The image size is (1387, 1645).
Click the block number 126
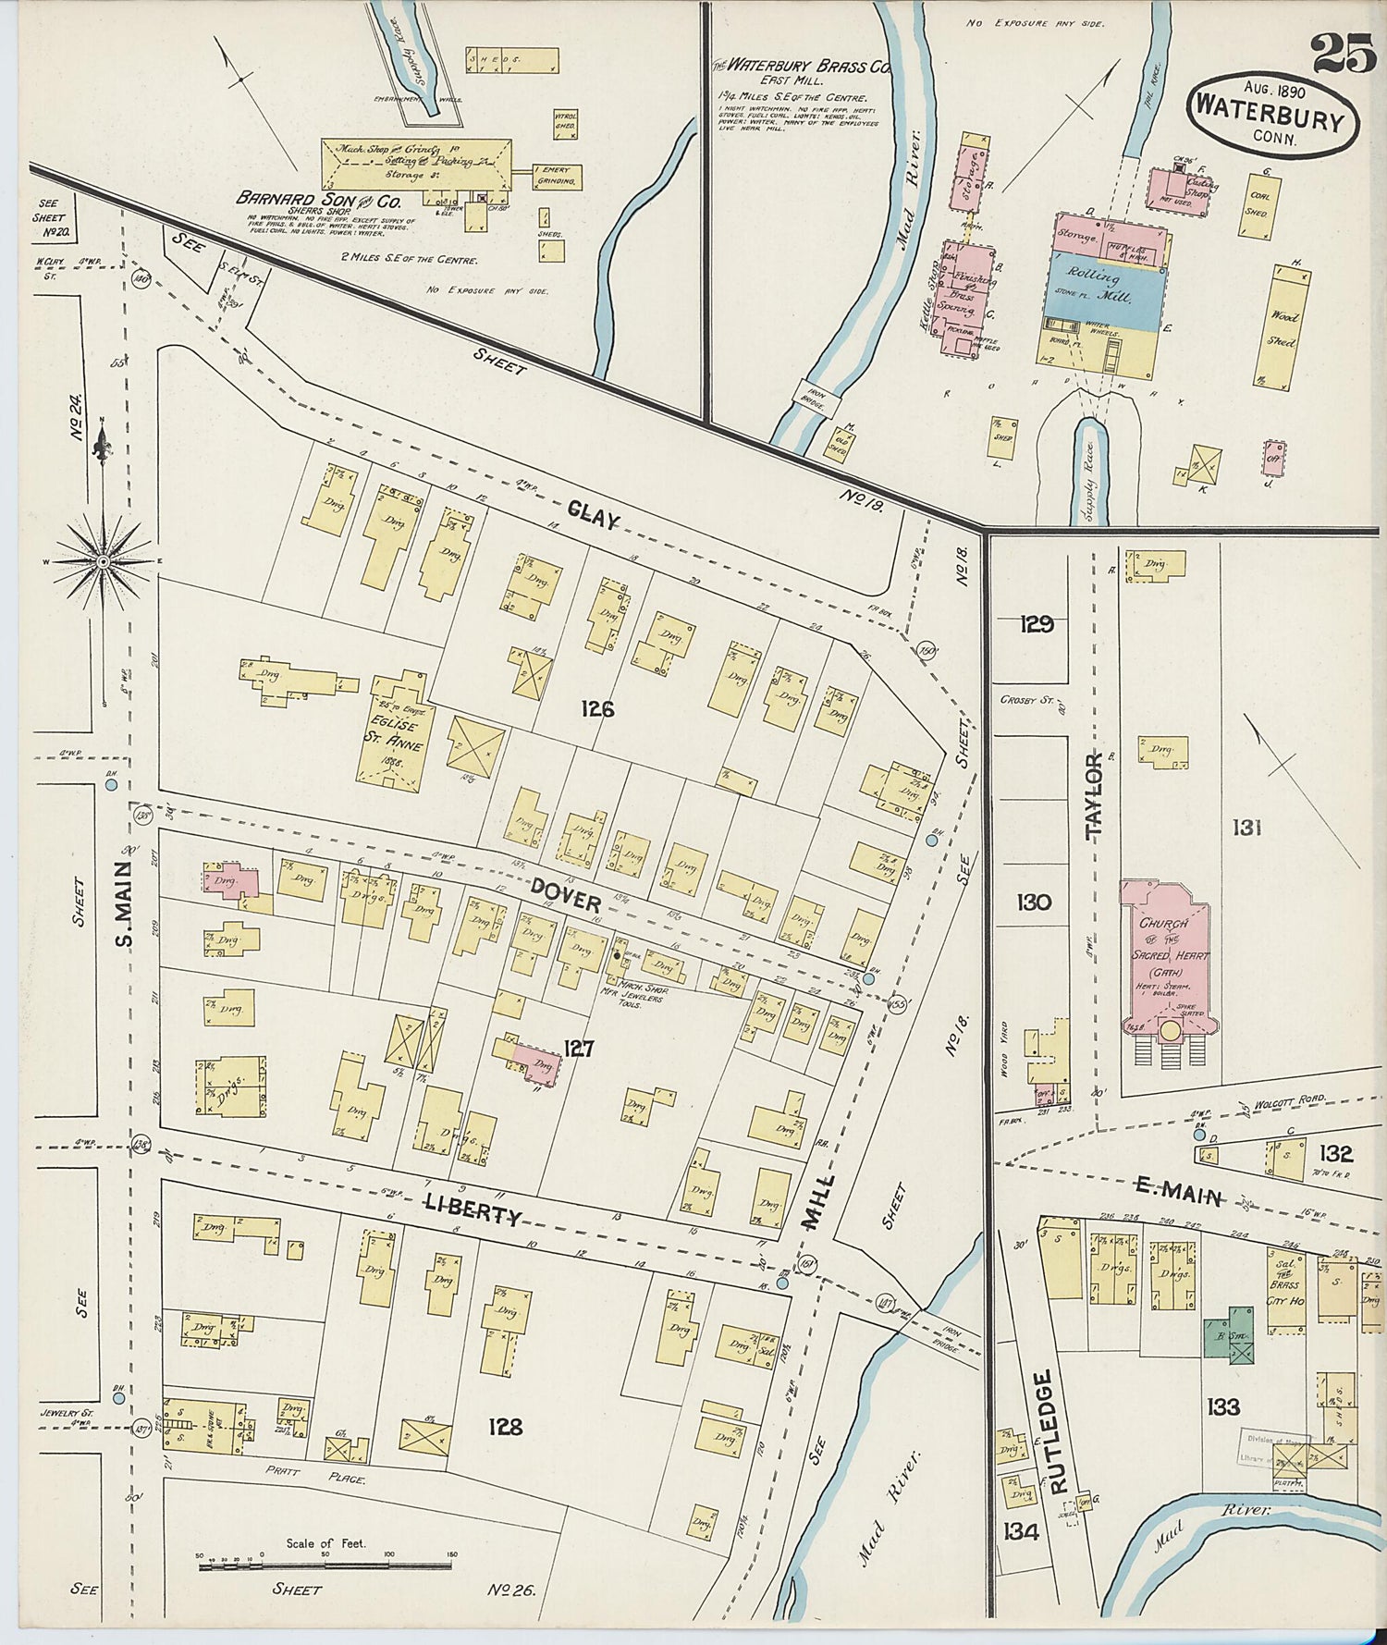597,709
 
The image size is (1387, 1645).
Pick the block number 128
506,1427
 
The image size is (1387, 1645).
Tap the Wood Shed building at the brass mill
1286,325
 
